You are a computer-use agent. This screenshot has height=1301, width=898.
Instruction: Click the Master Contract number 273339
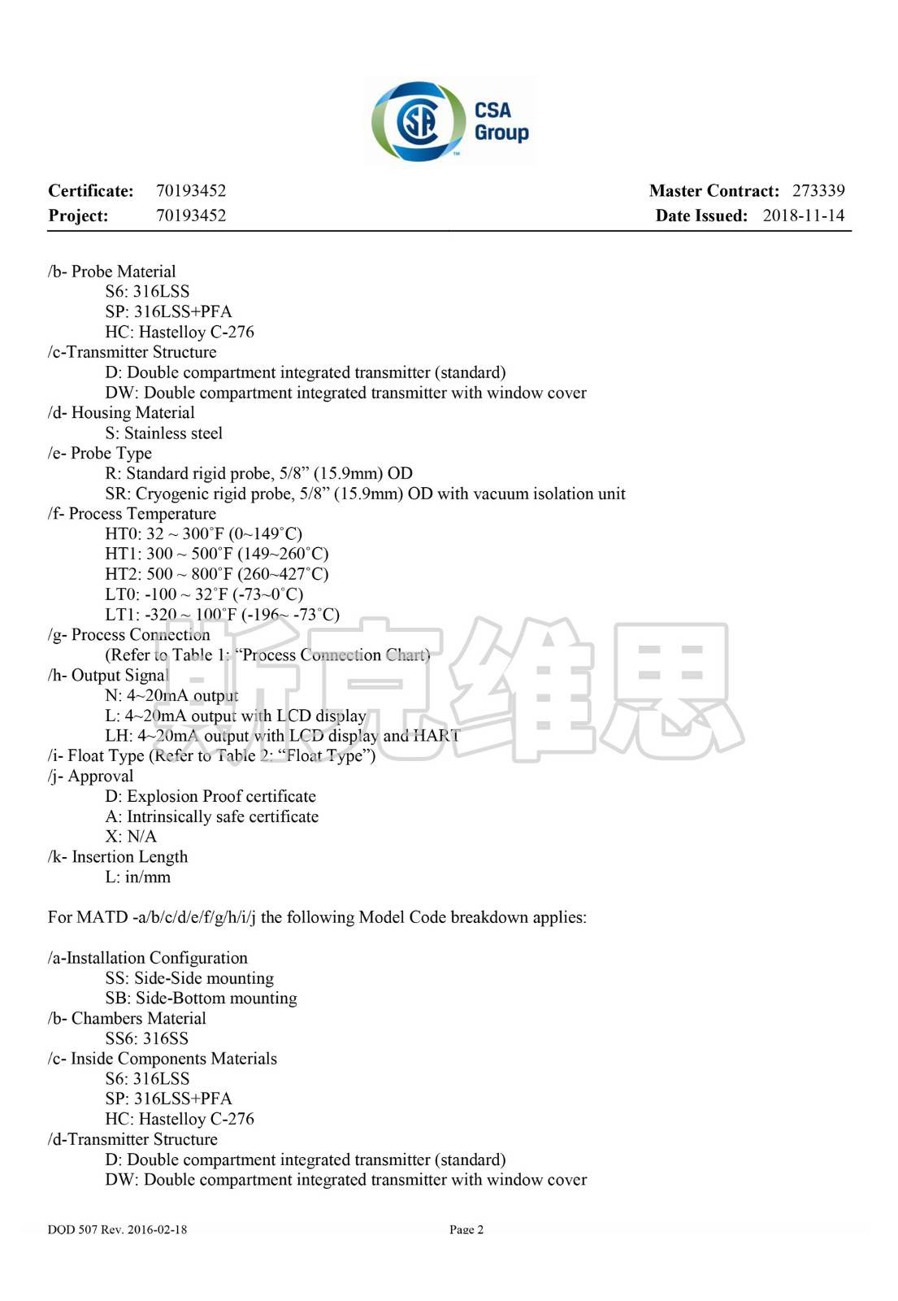[x=818, y=191]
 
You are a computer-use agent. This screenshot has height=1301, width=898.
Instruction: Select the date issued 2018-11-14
[x=803, y=215]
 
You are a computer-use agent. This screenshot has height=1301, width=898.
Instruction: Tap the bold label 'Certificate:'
[x=91, y=191]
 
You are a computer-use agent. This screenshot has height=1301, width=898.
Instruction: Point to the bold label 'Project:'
[x=78, y=215]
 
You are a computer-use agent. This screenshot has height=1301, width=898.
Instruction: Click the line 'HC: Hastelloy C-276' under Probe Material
[x=180, y=332]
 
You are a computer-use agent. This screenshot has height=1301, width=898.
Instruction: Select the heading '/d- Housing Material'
[x=121, y=413]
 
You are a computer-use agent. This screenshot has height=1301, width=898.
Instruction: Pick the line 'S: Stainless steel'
[x=163, y=433]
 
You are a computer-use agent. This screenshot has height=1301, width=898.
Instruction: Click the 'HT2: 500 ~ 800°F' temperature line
[x=217, y=574]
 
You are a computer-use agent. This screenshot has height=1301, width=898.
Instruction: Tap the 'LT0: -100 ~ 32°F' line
[x=204, y=594]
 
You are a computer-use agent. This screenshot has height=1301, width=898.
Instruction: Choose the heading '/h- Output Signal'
[x=108, y=676]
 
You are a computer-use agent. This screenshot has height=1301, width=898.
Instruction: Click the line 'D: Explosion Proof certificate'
[x=210, y=797]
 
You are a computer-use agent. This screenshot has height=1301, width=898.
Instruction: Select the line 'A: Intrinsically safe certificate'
[x=212, y=816]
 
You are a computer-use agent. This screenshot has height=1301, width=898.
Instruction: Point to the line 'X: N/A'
[x=131, y=837]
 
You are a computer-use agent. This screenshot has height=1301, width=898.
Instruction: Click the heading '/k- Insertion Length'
[x=118, y=857]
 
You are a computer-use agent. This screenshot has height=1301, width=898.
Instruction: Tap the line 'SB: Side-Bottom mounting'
[x=201, y=999]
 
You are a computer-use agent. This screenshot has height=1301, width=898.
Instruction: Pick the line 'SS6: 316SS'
[x=146, y=1038]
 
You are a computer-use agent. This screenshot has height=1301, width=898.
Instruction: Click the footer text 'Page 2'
[x=466, y=1229]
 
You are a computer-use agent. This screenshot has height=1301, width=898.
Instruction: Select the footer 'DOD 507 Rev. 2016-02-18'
[x=117, y=1229]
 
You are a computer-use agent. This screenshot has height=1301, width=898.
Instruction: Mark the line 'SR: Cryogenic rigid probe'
[x=365, y=494]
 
